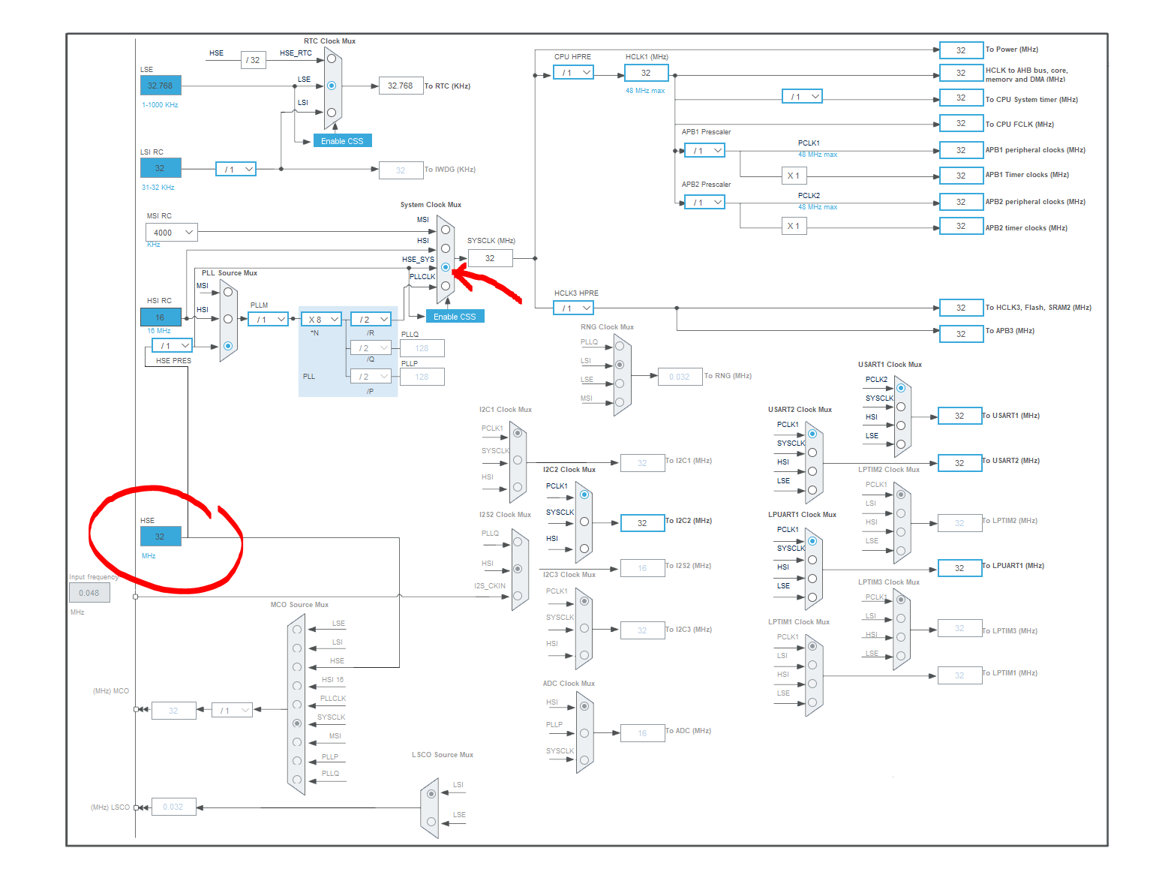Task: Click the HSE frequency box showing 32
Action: tap(161, 537)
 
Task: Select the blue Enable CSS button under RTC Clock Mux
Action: tap(342, 141)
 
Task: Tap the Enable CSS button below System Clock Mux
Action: tap(455, 317)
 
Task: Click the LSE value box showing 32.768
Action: tap(161, 86)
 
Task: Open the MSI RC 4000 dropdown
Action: tap(171, 233)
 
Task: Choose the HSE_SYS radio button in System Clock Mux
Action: tap(446, 267)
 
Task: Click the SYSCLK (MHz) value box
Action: tap(490, 258)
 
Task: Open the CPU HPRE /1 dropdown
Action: tap(573, 73)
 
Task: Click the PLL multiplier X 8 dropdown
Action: tap(322, 320)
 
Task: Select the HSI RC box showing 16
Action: tap(161, 317)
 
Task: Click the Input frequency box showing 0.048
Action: tap(89, 593)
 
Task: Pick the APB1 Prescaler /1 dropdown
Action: tap(704, 151)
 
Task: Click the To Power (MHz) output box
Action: tap(961, 50)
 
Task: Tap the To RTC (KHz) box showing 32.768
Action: tap(401, 86)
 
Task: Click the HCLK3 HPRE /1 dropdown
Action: tap(573, 308)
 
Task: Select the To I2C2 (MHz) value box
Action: tap(642, 523)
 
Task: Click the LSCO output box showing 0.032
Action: tap(173, 807)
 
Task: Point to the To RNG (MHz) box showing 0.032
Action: tap(680, 377)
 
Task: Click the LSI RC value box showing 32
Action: tap(161, 168)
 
